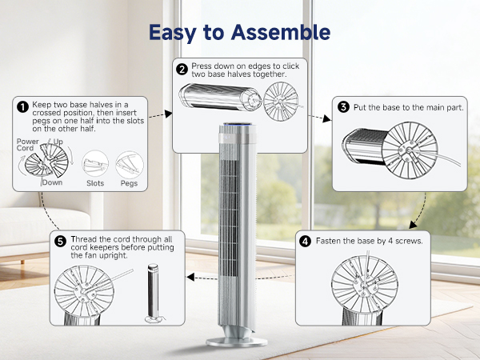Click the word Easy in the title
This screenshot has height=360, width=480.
pos(174,33)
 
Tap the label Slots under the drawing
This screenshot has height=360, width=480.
pos(95,183)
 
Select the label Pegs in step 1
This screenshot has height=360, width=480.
pos(128,183)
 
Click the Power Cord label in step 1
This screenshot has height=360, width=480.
pos(27,145)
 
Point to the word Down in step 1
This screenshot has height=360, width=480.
pos(53,182)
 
